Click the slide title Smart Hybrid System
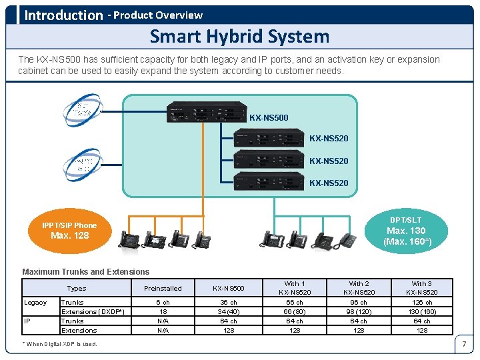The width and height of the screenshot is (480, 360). click(x=239, y=36)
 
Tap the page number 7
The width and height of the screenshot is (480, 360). click(x=463, y=345)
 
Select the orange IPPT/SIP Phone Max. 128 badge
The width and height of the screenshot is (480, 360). click(x=70, y=231)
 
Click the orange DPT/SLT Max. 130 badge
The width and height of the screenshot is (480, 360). click(x=406, y=231)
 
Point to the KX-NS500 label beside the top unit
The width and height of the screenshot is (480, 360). click(x=269, y=118)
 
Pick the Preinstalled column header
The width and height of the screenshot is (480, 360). click(x=163, y=288)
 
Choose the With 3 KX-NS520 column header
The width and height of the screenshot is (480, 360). click(x=421, y=288)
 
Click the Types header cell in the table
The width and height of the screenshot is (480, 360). click(x=77, y=288)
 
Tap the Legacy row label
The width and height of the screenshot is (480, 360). click(x=36, y=303)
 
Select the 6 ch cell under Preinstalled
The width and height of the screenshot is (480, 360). click(x=163, y=303)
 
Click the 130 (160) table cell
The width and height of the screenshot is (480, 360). click(x=421, y=312)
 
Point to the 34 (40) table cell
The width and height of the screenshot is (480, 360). click(x=228, y=312)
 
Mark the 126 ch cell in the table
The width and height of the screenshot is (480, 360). click(x=421, y=303)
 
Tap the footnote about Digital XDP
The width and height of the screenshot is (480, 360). click(x=60, y=344)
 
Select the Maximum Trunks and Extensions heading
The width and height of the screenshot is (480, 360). click(x=86, y=271)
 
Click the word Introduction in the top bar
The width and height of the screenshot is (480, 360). click(x=63, y=15)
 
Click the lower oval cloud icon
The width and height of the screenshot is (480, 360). click(x=82, y=164)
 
